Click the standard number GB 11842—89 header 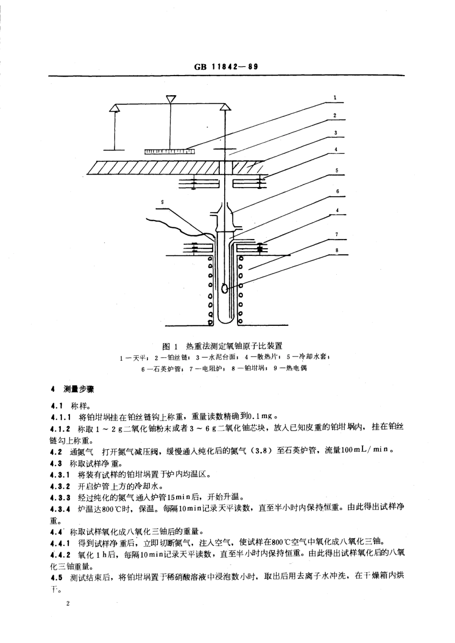tap(226, 67)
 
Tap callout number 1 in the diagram tap(335, 98)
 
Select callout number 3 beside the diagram tap(335, 133)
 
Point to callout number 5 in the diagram tap(337, 170)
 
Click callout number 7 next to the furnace tap(337, 235)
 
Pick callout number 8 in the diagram tap(337, 250)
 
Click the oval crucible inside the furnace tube tap(225, 288)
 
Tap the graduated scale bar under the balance tap(170, 151)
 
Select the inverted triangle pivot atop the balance tap(171, 99)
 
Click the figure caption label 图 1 tap(170, 346)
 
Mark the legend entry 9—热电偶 tap(290, 368)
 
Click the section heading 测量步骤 tap(79, 389)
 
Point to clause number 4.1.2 tap(60, 429)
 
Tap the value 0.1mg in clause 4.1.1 tap(262, 416)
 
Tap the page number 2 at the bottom tap(68, 604)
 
